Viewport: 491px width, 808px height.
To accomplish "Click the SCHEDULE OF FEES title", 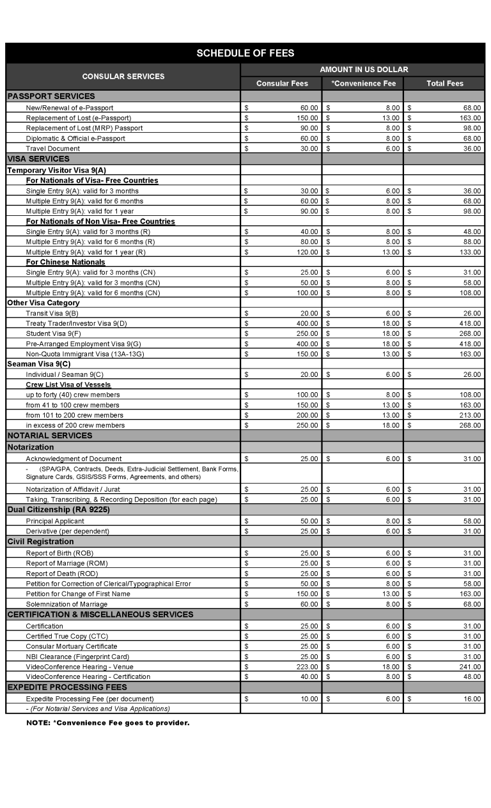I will (245, 53).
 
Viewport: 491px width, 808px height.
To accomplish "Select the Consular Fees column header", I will (281, 84).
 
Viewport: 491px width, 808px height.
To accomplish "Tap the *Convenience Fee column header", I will (362, 84).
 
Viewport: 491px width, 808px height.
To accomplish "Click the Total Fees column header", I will (444, 84).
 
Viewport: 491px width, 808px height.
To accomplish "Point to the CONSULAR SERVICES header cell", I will (123, 77).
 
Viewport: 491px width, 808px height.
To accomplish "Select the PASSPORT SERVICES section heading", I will (51, 96).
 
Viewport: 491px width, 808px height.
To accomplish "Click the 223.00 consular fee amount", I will (308, 667).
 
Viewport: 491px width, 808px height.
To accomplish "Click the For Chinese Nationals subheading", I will (65, 263).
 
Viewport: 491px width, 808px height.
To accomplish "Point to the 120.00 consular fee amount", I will (308, 252).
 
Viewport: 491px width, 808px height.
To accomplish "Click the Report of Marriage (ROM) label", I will (66, 563).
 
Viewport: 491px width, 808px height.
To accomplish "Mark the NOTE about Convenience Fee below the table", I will (108, 723).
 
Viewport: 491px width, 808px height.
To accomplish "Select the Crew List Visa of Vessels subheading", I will (68, 385).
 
